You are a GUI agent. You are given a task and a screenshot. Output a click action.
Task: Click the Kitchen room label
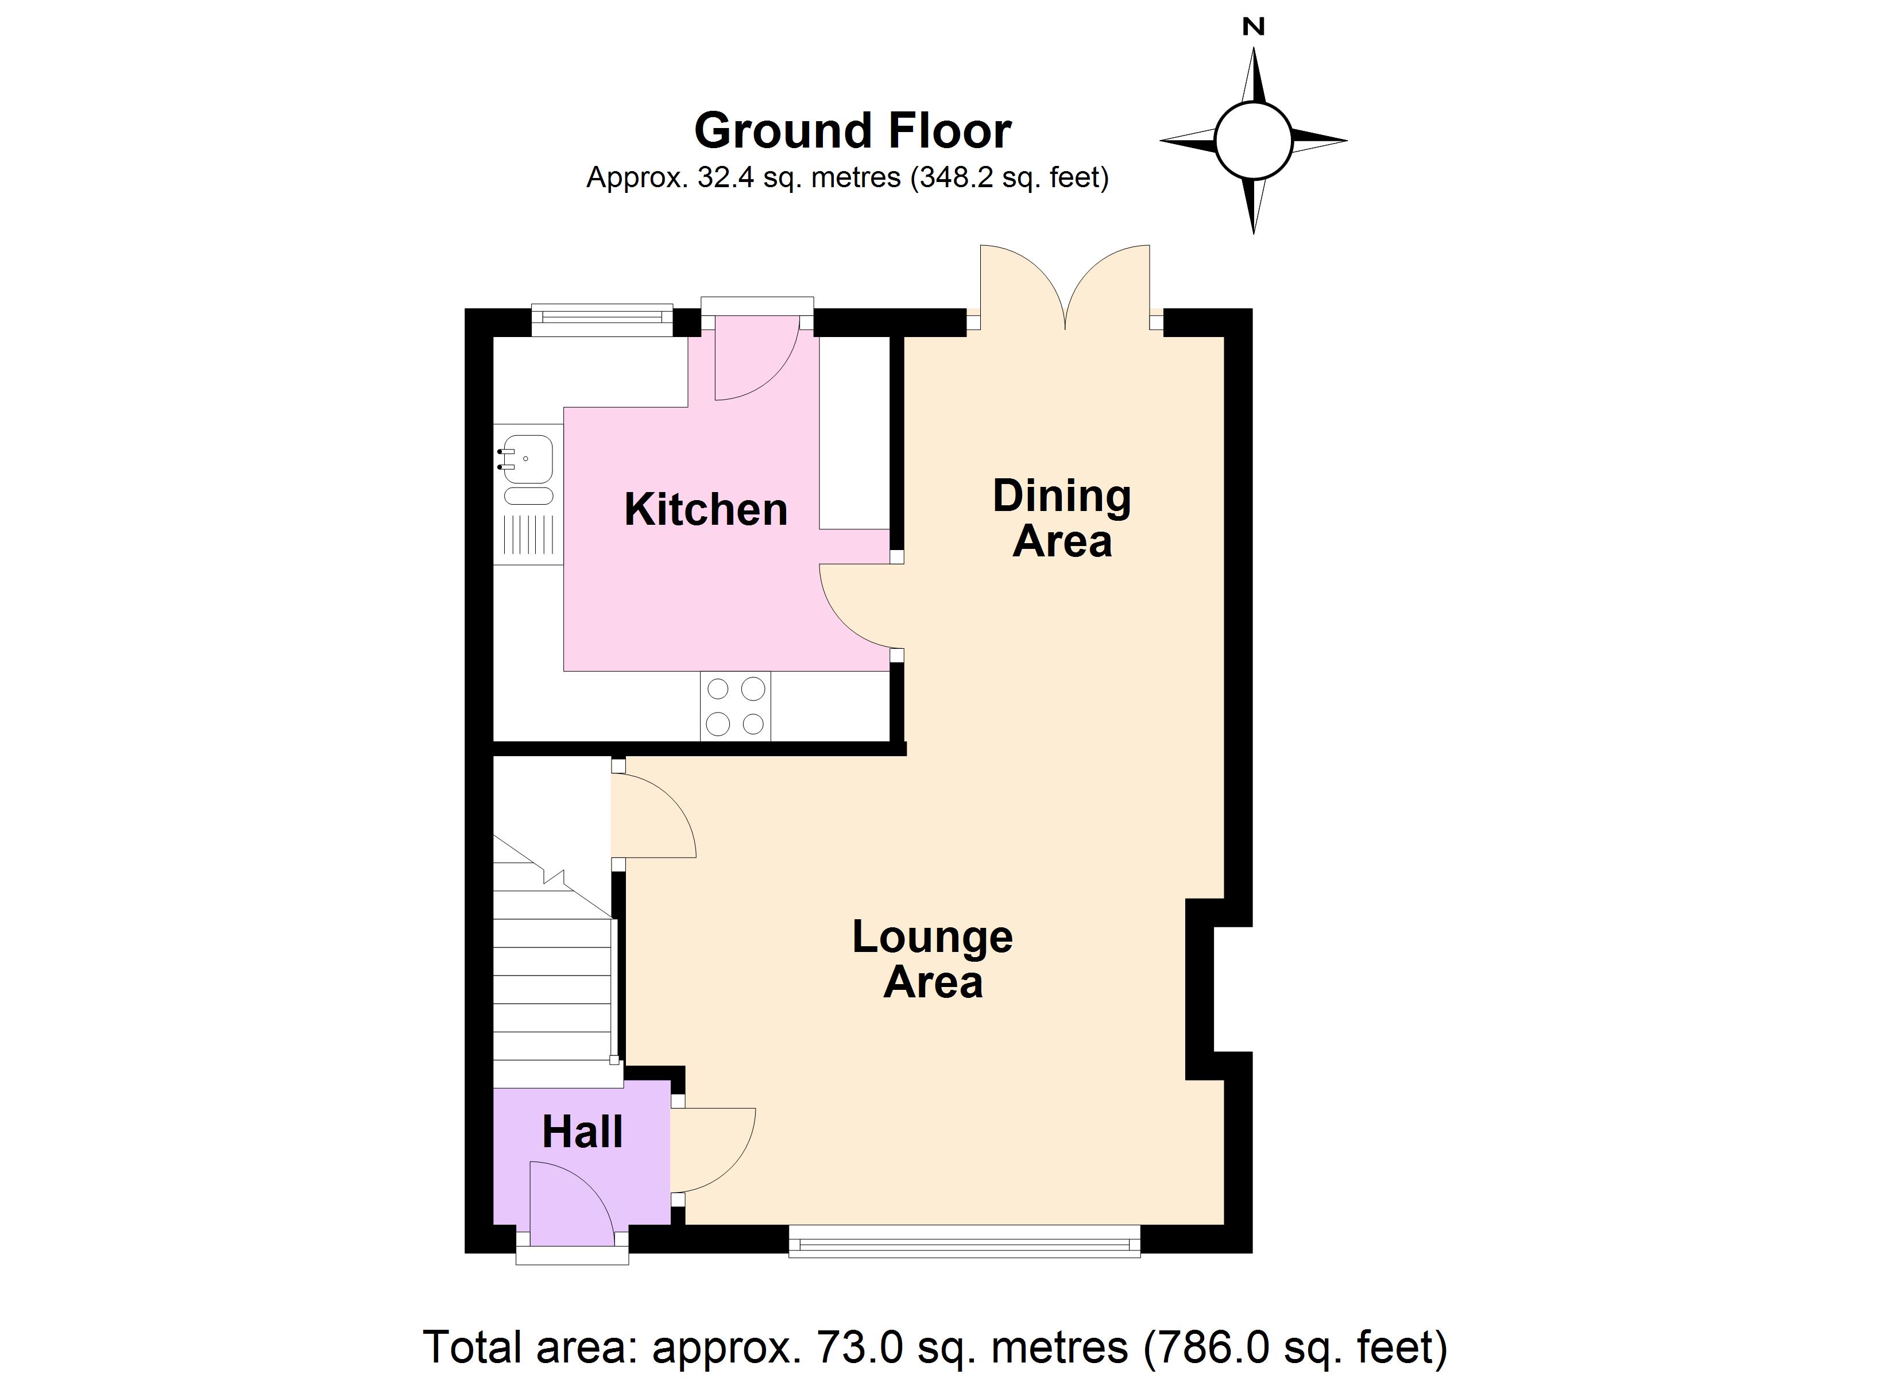706,510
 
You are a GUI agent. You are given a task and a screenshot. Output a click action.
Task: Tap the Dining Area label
1062,518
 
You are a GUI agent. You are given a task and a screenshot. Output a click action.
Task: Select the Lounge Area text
933,959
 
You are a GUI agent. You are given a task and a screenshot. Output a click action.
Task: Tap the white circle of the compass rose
1254,141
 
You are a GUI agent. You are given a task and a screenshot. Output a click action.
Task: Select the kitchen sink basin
527,459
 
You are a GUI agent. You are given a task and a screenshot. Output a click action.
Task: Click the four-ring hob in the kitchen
735,706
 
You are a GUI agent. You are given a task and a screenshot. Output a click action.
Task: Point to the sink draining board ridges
529,535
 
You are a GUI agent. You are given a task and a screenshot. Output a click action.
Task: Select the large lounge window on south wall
965,1241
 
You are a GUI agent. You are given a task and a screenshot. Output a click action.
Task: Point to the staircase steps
553,961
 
